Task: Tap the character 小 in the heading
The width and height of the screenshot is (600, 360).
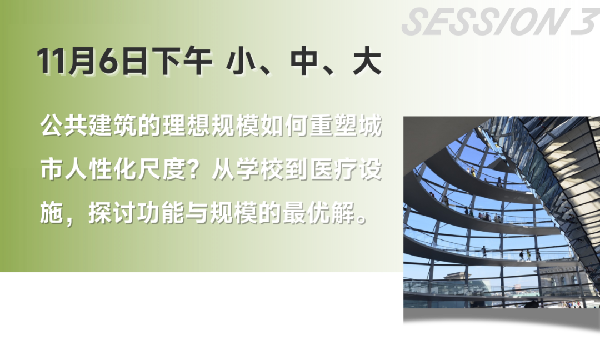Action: pyautogui.click(x=239, y=63)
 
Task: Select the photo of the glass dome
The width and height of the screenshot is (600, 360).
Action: pyautogui.click(x=500, y=210)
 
